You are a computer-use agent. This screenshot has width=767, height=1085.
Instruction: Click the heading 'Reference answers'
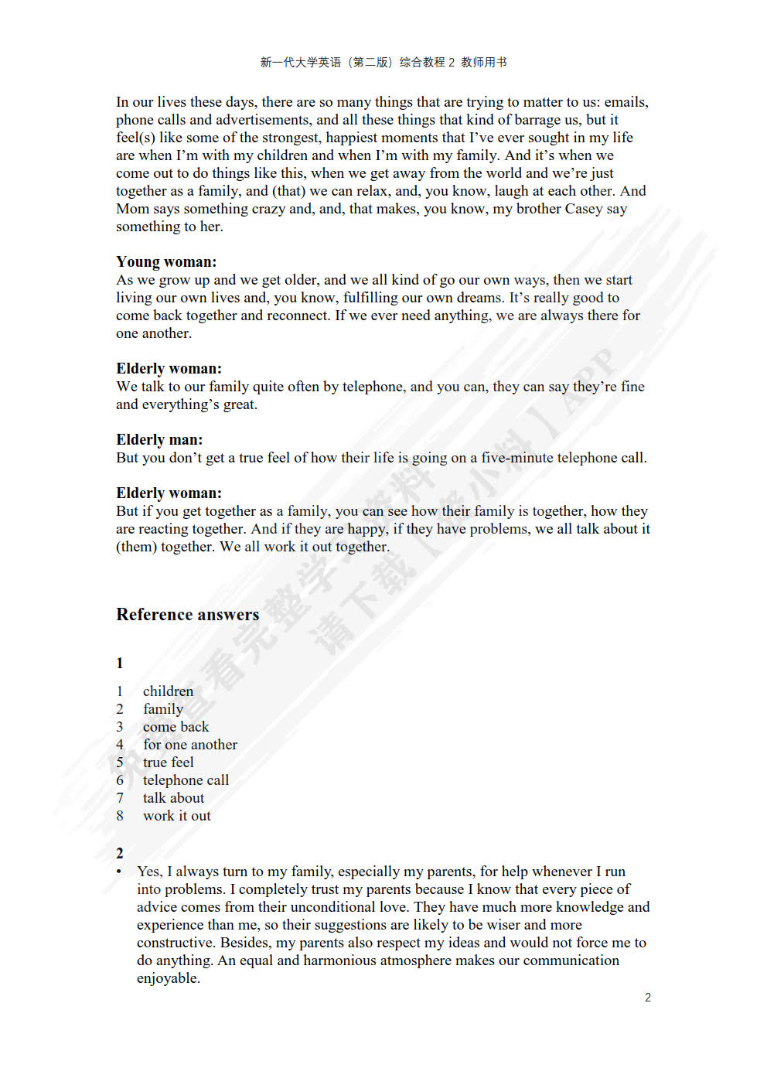click(187, 615)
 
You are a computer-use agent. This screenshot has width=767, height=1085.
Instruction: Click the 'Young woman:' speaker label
click(166, 262)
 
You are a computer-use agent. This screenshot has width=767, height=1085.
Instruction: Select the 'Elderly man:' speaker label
click(159, 440)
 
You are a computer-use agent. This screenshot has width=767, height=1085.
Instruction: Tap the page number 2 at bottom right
click(648, 998)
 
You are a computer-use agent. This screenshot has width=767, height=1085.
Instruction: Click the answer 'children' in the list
click(168, 691)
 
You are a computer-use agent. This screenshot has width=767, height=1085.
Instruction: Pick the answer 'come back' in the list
click(176, 727)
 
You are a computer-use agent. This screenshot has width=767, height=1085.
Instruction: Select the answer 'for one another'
click(190, 745)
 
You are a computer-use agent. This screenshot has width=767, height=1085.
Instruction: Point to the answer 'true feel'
click(168, 763)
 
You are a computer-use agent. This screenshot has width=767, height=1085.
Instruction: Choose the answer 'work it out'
click(176, 816)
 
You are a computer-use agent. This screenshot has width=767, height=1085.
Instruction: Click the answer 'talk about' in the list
click(173, 798)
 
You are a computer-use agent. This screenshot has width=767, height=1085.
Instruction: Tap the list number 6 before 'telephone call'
click(120, 780)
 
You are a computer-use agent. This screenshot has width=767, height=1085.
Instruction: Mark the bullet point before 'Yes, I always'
click(119, 872)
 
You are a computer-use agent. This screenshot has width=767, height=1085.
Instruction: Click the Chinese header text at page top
click(383, 63)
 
